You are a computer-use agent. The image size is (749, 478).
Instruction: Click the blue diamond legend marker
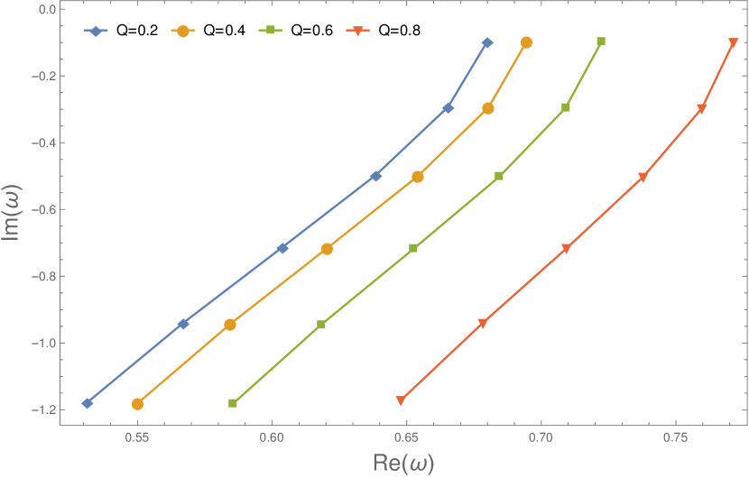pos(95,31)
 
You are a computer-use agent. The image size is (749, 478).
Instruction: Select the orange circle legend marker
pos(182,31)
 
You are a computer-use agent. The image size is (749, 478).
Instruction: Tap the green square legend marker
pos(269,31)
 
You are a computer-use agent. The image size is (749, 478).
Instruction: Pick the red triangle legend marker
pos(356,32)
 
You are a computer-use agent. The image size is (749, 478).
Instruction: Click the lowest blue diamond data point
pos(88,403)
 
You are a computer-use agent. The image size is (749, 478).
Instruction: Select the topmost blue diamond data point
pos(487,42)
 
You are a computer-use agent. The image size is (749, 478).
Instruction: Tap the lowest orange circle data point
pos(137,404)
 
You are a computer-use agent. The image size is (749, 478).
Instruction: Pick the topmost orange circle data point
pos(526,42)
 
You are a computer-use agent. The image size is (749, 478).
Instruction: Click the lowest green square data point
pos(233,403)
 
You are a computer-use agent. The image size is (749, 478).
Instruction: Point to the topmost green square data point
pos(601,42)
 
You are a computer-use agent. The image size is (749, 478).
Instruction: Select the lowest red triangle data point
pos(401,400)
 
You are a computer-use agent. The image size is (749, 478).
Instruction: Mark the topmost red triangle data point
pos(733,43)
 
